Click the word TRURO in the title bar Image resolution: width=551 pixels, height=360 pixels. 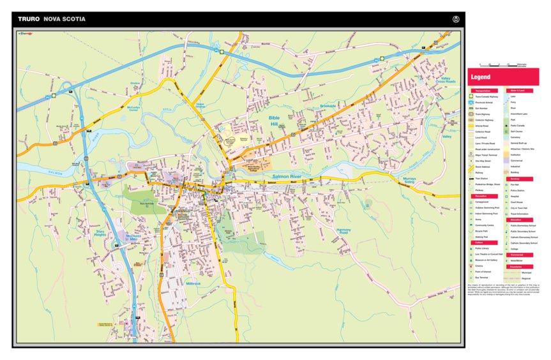pyautogui.click(x=29, y=19)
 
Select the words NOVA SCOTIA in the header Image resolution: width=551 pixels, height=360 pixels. pyautogui.click(x=64, y=19)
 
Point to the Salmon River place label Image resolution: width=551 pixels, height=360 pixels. pyautogui.click(x=287, y=176)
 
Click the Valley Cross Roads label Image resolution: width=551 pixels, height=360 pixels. pyautogui.click(x=446, y=80)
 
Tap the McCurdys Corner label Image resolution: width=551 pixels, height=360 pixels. pyautogui.click(x=133, y=109)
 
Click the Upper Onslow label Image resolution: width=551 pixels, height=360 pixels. pyautogui.click(x=201, y=106)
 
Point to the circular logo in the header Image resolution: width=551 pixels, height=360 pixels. pyautogui.click(x=455, y=19)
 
